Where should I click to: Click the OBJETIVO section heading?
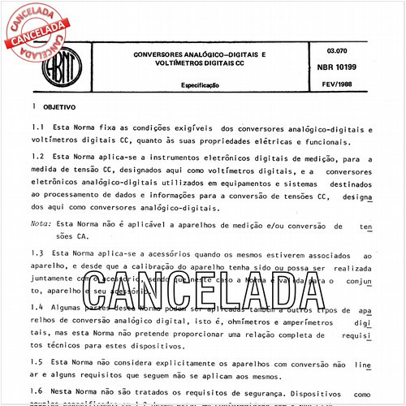(59, 106)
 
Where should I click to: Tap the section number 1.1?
(38, 129)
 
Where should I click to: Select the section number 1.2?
(38, 158)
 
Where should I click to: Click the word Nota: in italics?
(41, 222)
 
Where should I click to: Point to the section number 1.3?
(38, 254)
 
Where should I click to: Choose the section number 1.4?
(38, 308)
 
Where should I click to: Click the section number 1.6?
(38, 391)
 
